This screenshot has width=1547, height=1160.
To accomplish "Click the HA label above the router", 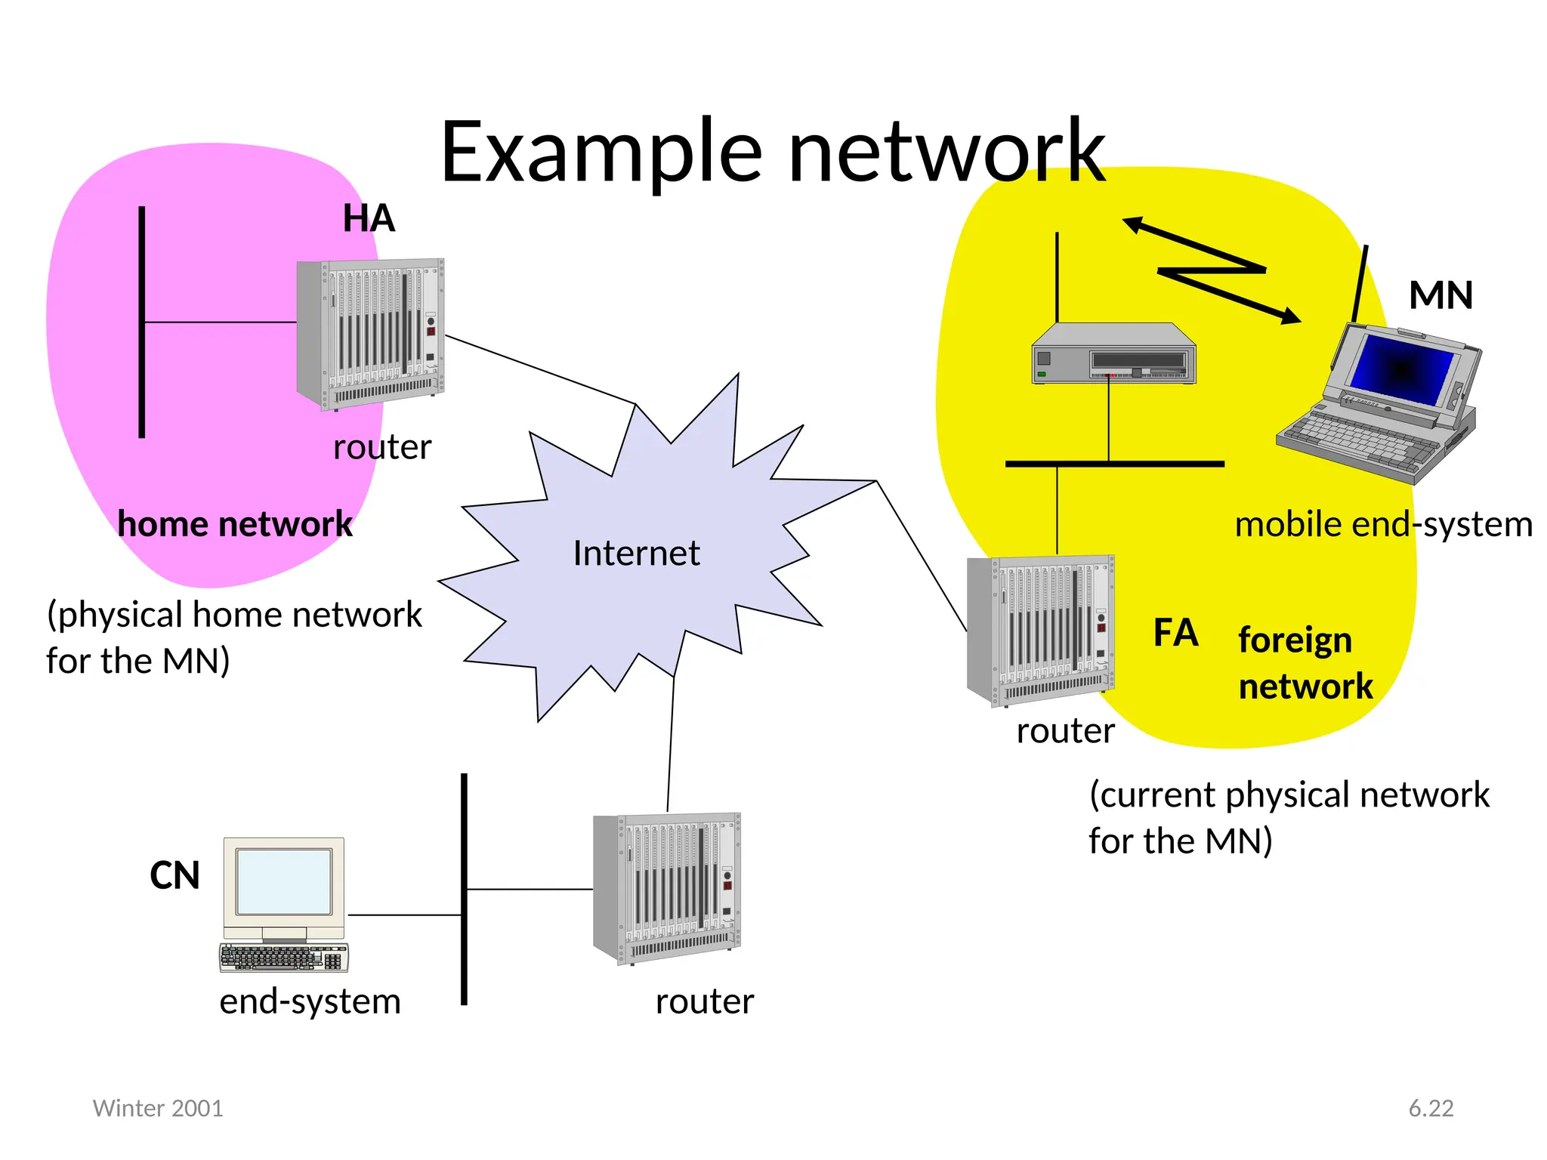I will [369, 219].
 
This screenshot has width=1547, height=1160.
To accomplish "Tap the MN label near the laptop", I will [1440, 295].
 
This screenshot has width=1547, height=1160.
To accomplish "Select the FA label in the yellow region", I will [1175, 633].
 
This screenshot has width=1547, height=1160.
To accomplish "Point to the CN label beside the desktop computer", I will [174, 876].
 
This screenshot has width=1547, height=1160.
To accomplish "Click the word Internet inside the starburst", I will [636, 554].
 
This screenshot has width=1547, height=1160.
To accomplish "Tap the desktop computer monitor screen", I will [283, 881].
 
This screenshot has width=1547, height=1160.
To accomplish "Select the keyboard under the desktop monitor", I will [283, 957].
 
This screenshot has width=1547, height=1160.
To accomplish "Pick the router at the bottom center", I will [668, 888].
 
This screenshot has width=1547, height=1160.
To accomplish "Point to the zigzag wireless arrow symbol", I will [1212, 270].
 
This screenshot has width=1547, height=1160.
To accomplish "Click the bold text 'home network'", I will [235, 524].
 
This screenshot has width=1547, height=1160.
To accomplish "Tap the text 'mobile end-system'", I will [1383, 525].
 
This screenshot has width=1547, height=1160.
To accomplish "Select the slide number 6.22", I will [1431, 1108].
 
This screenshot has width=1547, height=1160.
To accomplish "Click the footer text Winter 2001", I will [158, 1108].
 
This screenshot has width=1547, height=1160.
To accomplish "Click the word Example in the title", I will [601, 153].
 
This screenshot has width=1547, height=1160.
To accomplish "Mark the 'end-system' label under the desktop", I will [310, 1002].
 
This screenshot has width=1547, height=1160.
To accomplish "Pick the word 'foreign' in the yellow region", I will [1295, 640].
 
